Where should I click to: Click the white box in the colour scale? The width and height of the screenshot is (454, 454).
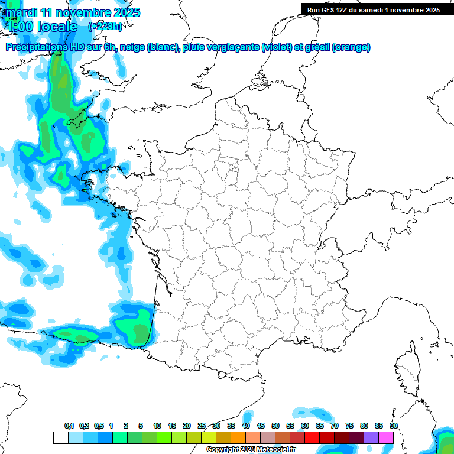coord(60,437)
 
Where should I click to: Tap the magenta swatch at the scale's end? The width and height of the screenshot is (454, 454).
coord(386,437)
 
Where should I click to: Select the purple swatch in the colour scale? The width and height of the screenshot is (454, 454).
coord(371,437)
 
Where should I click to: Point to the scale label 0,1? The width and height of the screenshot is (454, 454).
coord(69,426)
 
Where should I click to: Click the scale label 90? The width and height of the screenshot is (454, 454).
coord(394,426)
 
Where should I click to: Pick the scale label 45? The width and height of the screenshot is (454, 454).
coord(261,426)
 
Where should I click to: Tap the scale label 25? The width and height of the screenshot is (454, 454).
coord(202,426)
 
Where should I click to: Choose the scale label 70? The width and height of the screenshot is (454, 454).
coord(335,426)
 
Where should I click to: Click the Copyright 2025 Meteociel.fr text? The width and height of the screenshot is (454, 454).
coord(251,450)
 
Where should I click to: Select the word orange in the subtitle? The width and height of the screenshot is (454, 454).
coord(351,47)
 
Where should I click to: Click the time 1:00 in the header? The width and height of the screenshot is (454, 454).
coord(21,26)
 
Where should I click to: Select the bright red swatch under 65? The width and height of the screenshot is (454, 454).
coord(312,437)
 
